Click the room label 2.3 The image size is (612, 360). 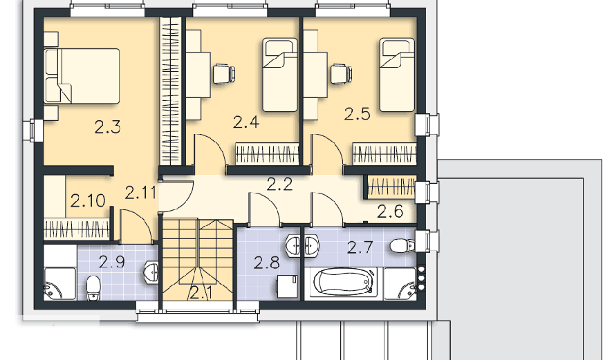click(x=108, y=127)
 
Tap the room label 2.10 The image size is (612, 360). click(x=88, y=200)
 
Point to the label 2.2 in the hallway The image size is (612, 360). click(x=279, y=184)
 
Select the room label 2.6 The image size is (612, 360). click(x=390, y=211)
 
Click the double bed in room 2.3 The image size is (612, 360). click(x=82, y=76)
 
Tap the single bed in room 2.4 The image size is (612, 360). click(x=280, y=75)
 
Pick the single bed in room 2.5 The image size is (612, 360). click(x=397, y=75)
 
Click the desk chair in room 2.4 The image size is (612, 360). click(x=224, y=74)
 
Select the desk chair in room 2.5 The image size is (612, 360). click(x=341, y=74)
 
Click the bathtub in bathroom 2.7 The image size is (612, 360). click(x=341, y=282)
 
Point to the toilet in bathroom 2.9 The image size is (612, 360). click(x=93, y=288)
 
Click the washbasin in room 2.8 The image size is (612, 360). click(x=293, y=246)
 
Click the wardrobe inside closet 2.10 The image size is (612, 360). click(x=77, y=229)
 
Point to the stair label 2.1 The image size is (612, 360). click(x=201, y=292)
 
